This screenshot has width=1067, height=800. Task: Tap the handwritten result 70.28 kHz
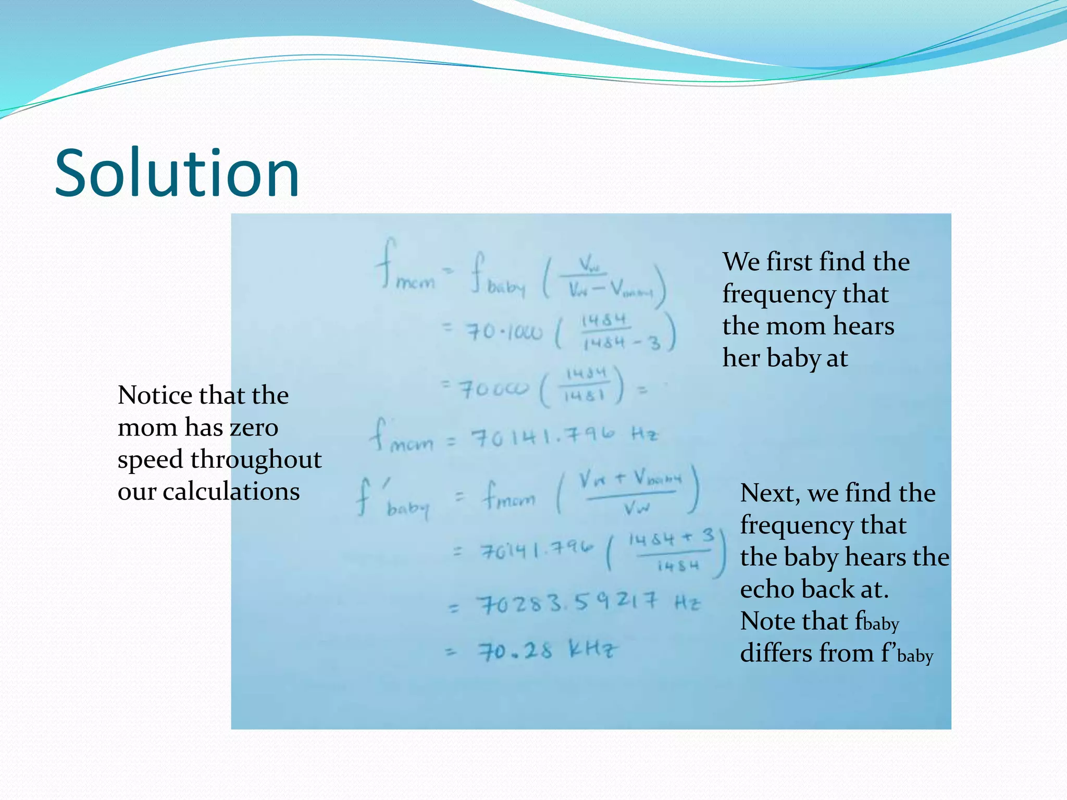click(548, 651)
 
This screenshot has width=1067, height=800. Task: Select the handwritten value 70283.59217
click(568, 604)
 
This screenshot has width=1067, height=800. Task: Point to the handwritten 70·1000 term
click(504, 331)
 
